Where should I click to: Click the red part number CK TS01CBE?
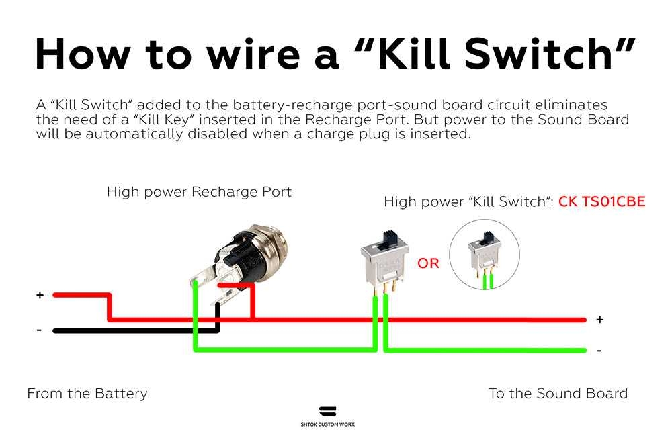coord(601,201)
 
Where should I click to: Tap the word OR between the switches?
coord(428,263)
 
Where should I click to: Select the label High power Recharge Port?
coord(199,192)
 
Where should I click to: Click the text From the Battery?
coord(87,394)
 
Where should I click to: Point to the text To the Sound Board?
coord(558,394)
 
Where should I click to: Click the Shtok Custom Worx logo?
coord(327,412)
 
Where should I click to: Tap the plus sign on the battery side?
coord(40,295)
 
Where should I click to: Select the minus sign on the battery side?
coord(39,330)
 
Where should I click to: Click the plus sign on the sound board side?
coord(599,320)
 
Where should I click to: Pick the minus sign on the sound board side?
coord(599,350)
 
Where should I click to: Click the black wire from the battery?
coord(134,330)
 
